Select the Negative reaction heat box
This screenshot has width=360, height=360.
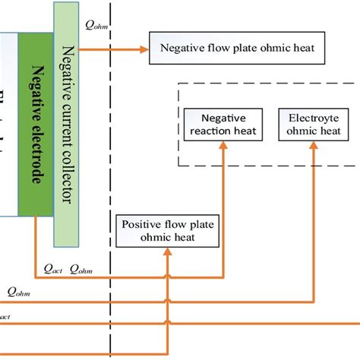pos(224,125)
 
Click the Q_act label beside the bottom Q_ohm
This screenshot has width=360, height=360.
pos(53,268)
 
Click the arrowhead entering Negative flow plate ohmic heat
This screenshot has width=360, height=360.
pos(144,49)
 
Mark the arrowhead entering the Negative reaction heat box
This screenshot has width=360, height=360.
pos(224,147)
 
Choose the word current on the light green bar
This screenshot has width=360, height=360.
pos(65,122)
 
